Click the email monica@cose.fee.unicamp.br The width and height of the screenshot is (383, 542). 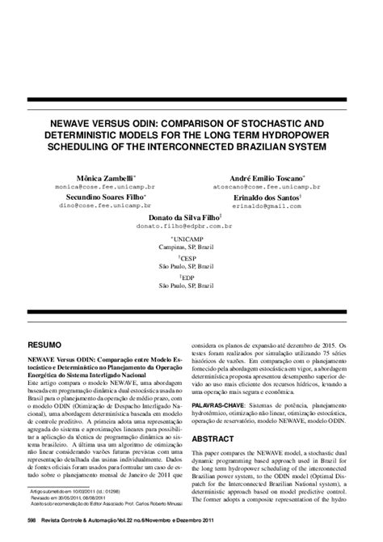coord(105,185)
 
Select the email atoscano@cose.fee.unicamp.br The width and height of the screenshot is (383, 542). coord(267,185)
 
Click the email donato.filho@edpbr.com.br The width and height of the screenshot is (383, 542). coord(184,227)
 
